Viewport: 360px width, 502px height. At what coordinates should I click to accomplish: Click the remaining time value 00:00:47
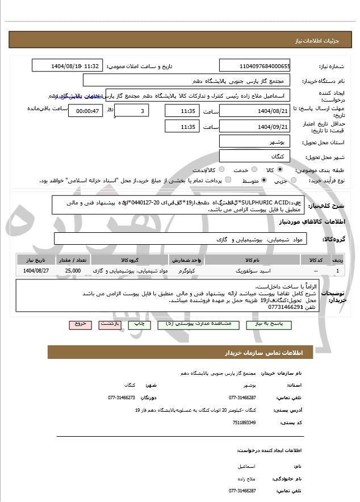[87, 111]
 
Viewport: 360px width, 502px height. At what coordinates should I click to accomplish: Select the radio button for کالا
[280, 170]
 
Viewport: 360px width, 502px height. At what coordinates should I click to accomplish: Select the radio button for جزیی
[294, 181]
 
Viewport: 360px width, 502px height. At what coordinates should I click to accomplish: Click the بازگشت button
[109, 324]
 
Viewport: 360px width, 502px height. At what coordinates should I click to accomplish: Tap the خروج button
[79, 324]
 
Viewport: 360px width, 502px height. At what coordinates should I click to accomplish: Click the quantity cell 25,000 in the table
[73, 271]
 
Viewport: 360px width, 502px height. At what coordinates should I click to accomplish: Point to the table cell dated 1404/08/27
[36, 271]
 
